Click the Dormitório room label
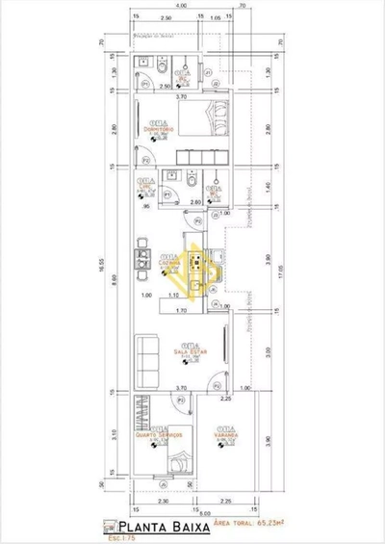pos(152,127)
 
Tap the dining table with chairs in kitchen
pos(140,260)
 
